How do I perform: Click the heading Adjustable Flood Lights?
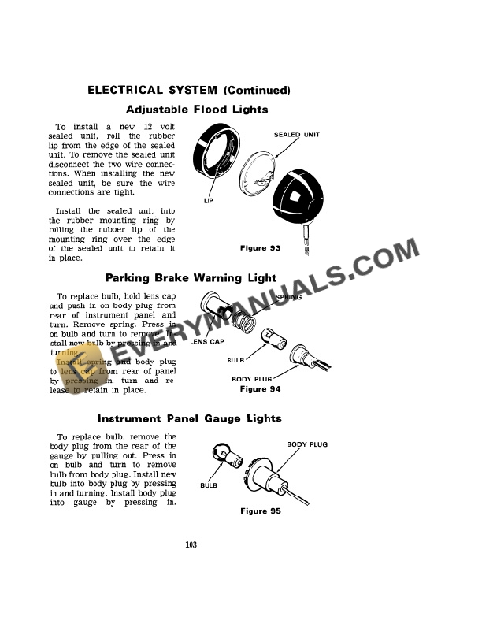coord(197,110)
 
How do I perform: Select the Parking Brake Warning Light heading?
coord(191,277)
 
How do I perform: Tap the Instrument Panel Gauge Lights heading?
coord(189,418)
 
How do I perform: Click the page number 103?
coord(191,544)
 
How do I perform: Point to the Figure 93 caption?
coord(260,248)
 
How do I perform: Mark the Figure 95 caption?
coord(260,511)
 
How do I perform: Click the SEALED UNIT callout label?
coord(296,135)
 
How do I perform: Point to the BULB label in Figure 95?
coord(208,485)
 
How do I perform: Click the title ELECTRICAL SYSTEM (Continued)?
coord(189,90)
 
